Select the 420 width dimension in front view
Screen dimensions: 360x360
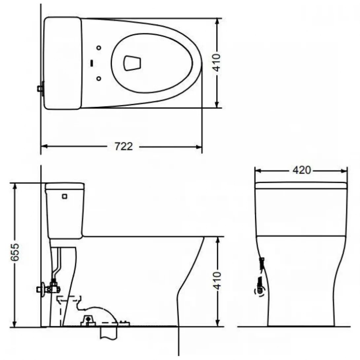click(x=302, y=170)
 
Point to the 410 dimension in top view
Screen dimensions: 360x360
click(x=217, y=63)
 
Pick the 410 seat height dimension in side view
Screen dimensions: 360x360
click(x=217, y=281)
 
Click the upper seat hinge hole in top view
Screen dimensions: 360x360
click(x=99, y=48)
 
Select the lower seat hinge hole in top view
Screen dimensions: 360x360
click(x=99, y=78)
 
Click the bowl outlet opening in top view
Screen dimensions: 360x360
click(x=132, y=63)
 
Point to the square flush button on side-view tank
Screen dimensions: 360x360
click(x=65, y=197)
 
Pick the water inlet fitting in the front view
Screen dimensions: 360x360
click(x=261, y=291)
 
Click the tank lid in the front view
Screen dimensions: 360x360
click(x=301, y=186)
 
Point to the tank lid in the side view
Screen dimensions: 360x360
click(x=65, y=186)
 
